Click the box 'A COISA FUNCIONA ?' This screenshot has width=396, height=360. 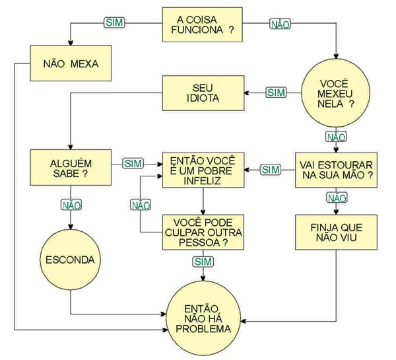(203, 24)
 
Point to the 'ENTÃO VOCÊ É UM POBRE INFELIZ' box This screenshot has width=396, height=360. (203, 168)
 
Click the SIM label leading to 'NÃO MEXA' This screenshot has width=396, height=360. (114, 22)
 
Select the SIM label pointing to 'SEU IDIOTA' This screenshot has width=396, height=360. (275, 92)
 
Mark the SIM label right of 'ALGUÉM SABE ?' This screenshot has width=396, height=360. (134, 162)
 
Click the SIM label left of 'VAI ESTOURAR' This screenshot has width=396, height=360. (271, 170)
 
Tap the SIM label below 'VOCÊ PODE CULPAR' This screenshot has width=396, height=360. (203, 262)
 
